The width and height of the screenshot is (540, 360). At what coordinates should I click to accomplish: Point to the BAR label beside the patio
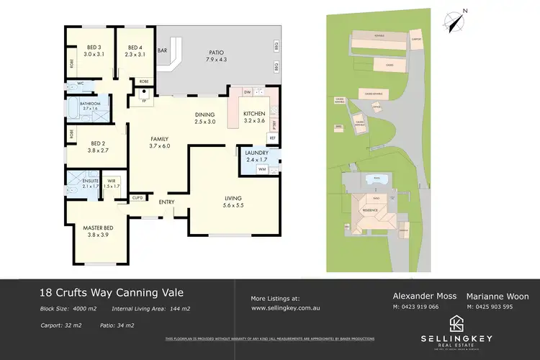pos(162,52)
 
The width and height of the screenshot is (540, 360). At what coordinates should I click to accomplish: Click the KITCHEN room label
pos(254,114)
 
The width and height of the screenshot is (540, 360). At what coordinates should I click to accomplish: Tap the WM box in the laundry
pos(242,168)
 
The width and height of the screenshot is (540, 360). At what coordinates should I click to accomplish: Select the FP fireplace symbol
pos(144,100)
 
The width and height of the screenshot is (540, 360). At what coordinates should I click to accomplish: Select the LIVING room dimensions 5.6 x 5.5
pos(232,205)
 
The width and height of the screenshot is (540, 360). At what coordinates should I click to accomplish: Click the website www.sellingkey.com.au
pos(285,307)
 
